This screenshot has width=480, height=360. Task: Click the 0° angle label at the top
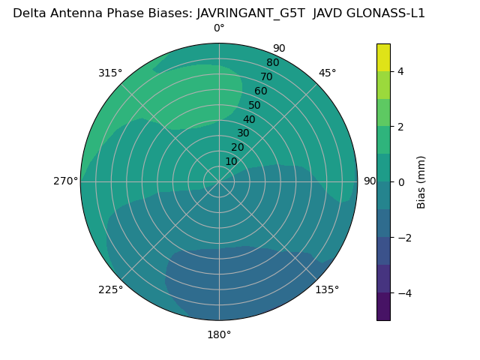(219, 28)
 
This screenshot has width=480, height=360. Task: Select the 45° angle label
(328, 73)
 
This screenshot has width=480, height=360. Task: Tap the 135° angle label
(327, 289)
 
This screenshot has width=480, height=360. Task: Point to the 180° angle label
(219, 334)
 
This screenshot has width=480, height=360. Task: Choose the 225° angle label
(110, 290)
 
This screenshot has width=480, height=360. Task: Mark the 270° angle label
(65, 181)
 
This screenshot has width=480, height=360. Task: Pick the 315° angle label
(110, 73)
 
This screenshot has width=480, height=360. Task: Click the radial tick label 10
(231, 161)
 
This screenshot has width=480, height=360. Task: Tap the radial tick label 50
(254, 105)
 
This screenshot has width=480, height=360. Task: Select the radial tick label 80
(272, 62)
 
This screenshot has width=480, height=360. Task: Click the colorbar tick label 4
(400, 71)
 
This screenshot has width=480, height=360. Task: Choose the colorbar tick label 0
(400, 181)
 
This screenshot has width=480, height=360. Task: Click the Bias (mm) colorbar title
(421, 181)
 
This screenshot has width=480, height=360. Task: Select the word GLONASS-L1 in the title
(388, 13)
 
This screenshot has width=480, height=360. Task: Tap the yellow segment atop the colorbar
(383, 58)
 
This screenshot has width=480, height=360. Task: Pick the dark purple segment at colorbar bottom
(383, 306)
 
